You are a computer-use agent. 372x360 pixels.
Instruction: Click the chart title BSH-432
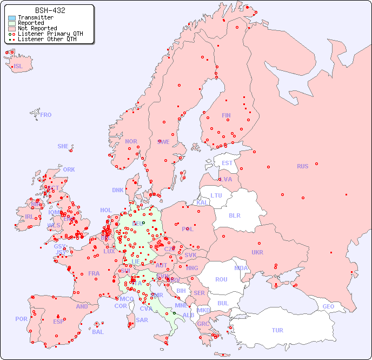click(50, 10)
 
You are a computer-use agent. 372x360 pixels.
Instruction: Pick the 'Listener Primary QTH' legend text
click(50, 34)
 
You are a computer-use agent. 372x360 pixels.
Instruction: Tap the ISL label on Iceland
click(18, 67)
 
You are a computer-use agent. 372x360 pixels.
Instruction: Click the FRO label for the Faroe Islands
click(46, 115)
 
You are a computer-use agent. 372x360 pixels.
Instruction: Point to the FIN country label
click(226, 115)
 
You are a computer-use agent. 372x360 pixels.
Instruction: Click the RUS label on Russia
click(302, 166)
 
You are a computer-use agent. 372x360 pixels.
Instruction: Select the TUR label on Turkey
click(277, 330)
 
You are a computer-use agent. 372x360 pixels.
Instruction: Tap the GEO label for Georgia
click(328, 306)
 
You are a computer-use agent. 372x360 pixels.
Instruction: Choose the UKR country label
click(257, 252)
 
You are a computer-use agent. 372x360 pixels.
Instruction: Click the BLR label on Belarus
click(235, 215)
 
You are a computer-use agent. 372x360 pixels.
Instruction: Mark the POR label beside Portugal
click(21, 319)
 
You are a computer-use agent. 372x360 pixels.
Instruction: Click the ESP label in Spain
click(58, 321)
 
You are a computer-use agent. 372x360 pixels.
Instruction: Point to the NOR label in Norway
click(131, 141)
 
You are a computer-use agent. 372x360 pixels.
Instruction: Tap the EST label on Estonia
click(227, 163)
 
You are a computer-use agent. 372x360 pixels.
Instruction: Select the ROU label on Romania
click(221, 279)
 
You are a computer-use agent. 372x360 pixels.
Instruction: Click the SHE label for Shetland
click(63, 146)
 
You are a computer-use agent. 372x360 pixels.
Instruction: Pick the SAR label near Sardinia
click(142, 319)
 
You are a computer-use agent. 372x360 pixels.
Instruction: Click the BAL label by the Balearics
click(97, 332)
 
